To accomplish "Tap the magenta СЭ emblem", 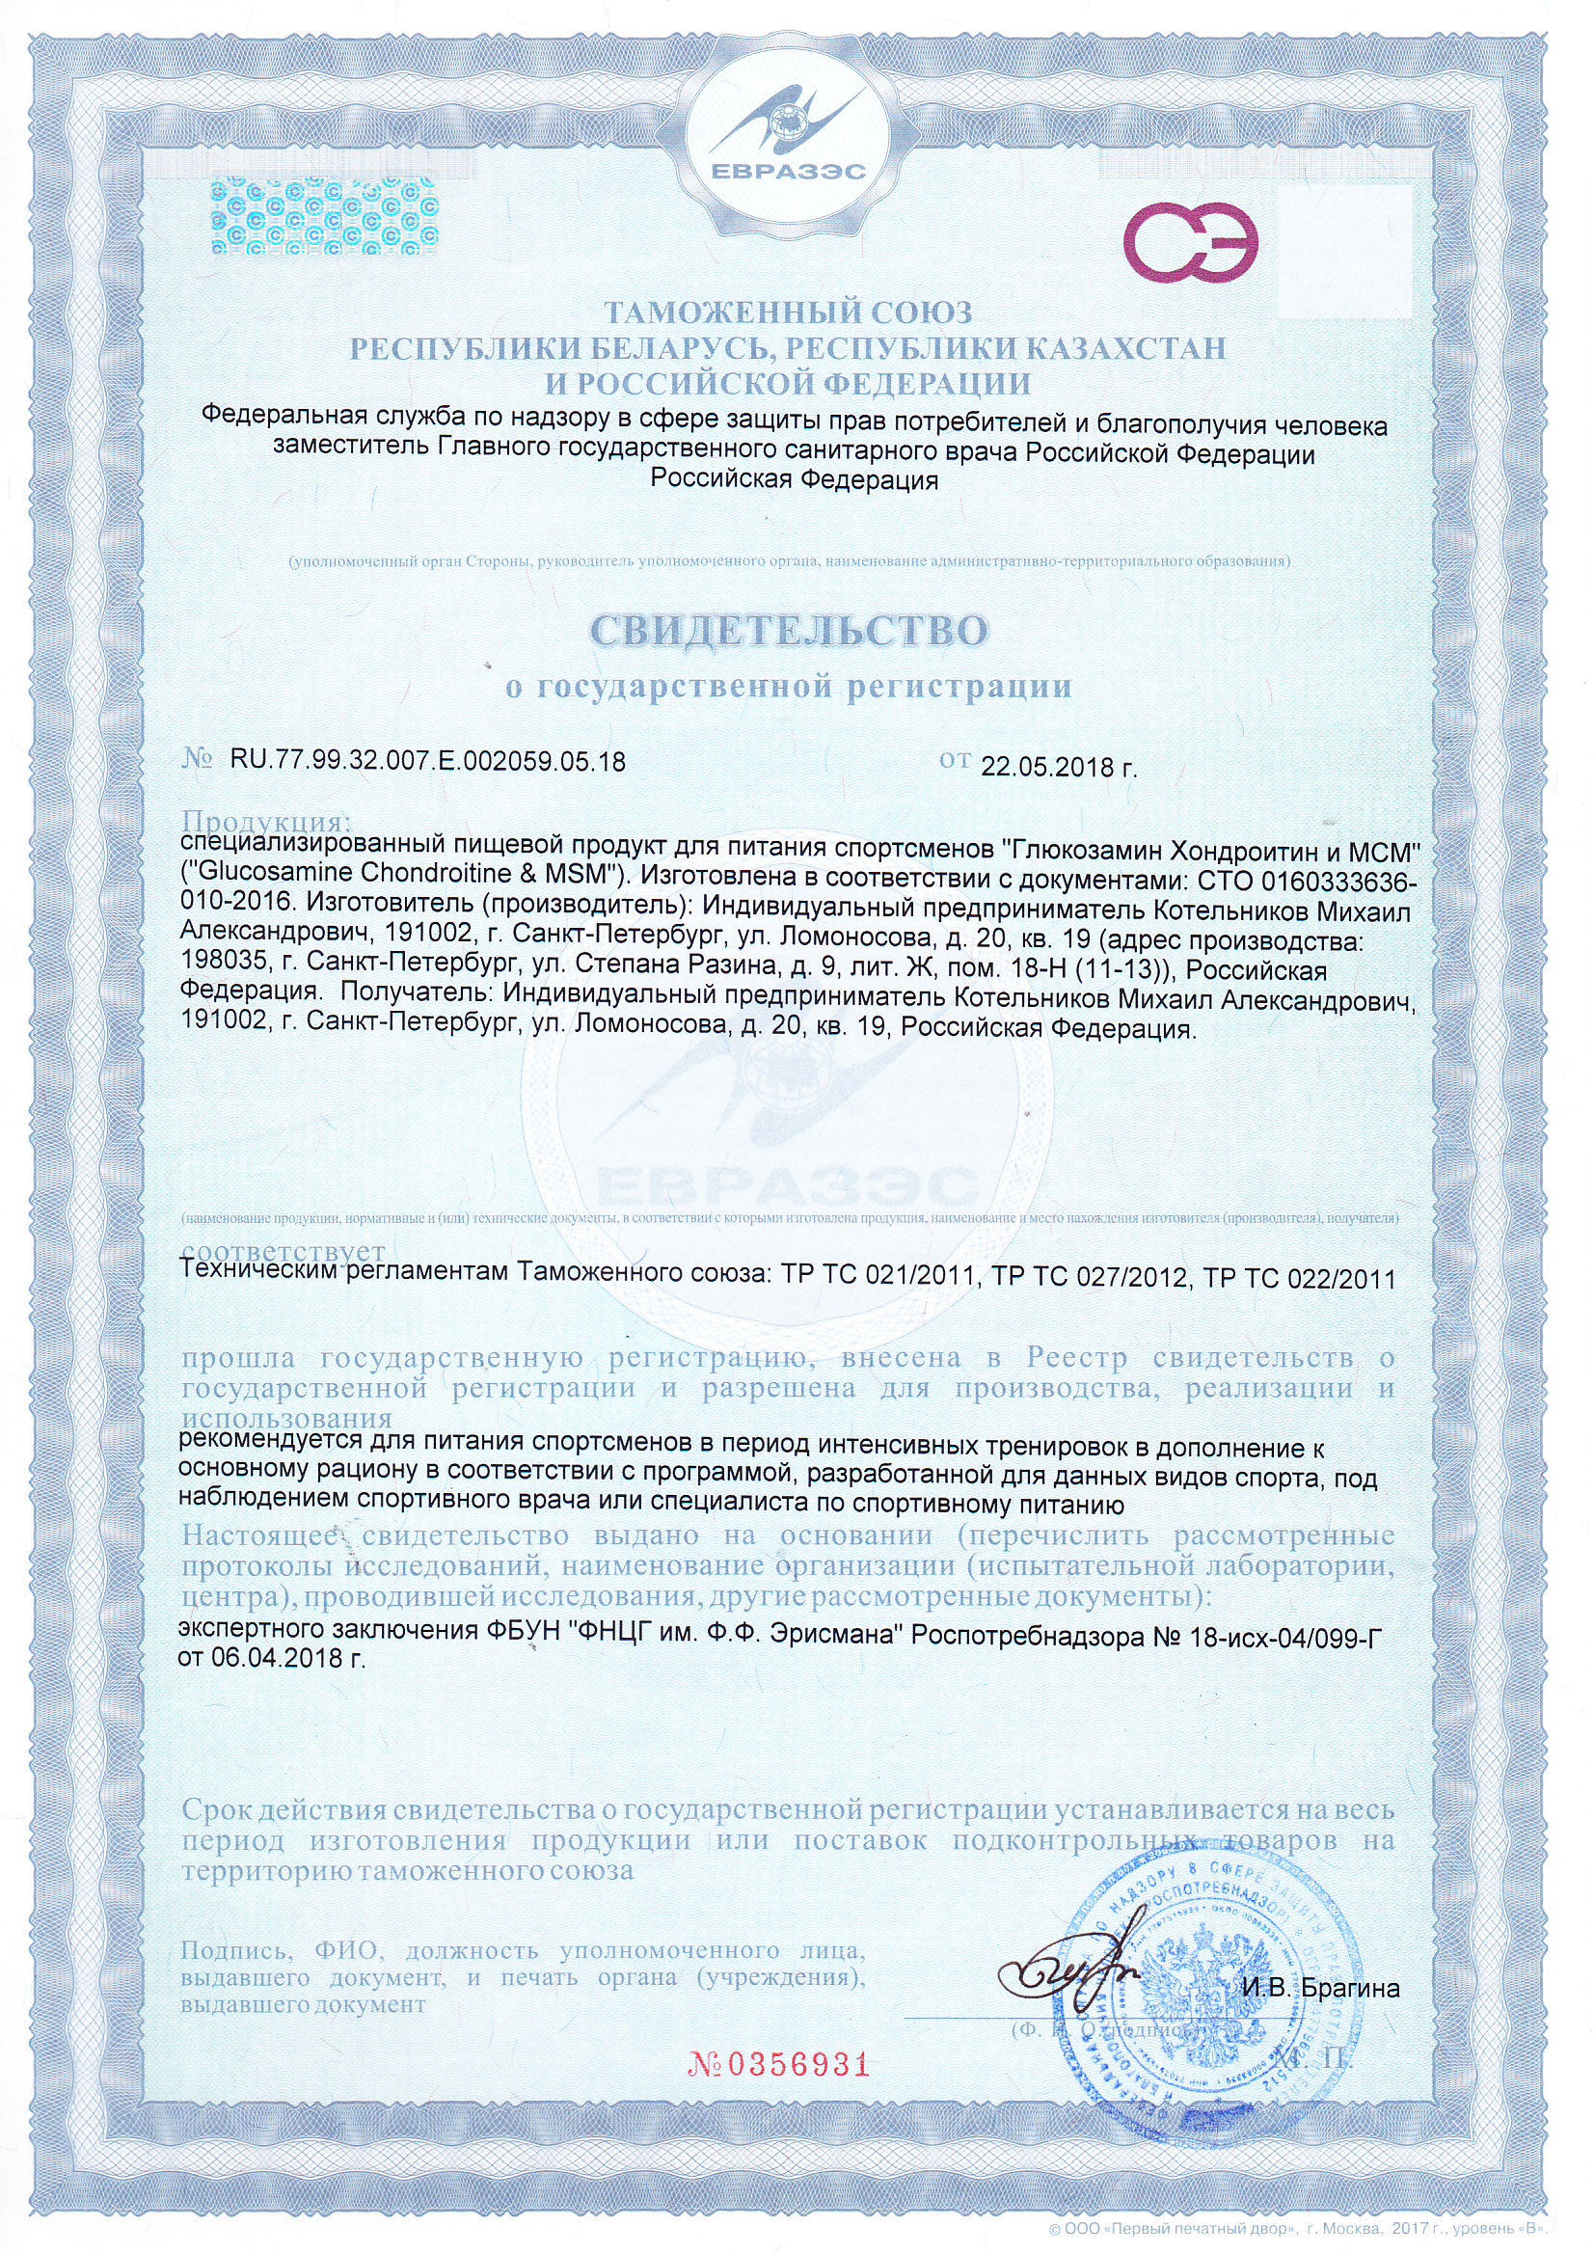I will point(1190,241).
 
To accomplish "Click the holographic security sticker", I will point(324,215).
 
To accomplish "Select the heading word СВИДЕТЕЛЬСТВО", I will point(789,631).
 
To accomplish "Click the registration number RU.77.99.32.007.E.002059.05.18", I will point(427,761).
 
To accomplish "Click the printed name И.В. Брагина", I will point(1320,1988).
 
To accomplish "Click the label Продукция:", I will point(266,820).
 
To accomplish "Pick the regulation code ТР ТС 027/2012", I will point(1088,1277).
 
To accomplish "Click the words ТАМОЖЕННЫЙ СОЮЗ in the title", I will point(788,312).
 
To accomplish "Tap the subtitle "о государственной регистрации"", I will point(788,687).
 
